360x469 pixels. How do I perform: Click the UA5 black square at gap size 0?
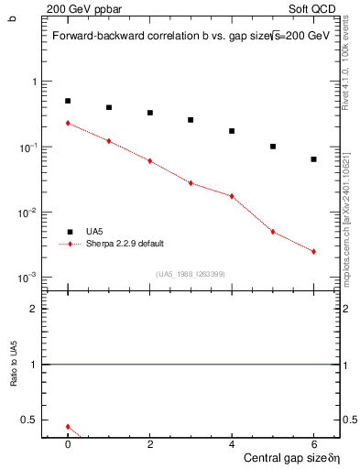tap(68, 101)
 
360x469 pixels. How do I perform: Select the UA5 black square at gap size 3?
tap(191, 120)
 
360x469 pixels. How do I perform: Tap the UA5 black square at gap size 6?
tap(313, 159)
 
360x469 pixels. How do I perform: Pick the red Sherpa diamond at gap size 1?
tap(109, 141)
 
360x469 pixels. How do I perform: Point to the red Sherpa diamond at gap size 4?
tap(232, 196)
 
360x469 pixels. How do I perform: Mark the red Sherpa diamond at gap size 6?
tap(313, 252)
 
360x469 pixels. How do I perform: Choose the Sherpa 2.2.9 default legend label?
tap(125, 244)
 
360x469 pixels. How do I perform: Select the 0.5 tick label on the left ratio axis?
tap(30, 420)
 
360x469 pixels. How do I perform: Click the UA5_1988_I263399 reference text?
tap(191, 274)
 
